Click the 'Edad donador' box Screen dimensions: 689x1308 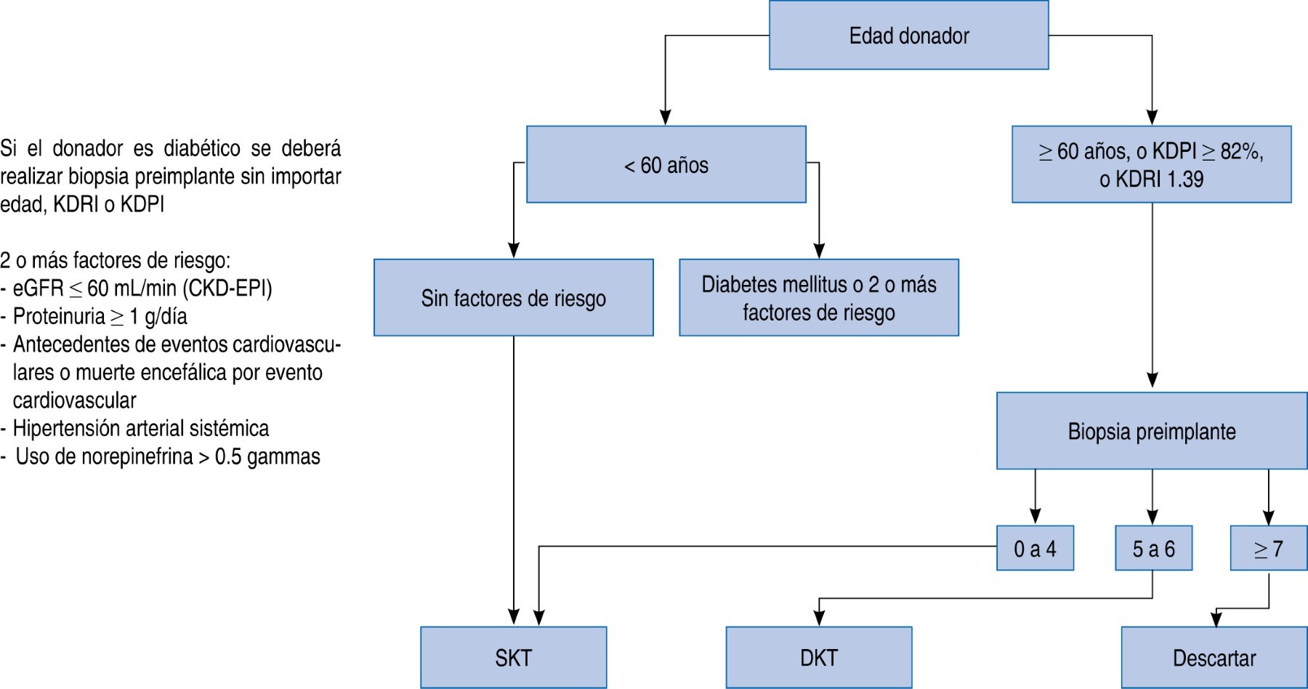908,36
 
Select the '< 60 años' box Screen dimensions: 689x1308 666,165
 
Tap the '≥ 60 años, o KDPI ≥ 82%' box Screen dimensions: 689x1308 1151,165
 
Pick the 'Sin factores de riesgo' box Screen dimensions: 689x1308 513,298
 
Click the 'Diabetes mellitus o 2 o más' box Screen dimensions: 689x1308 818,298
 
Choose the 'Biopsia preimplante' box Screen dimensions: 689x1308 1151,432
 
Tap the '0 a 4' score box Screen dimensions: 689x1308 1035,549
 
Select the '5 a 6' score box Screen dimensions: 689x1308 1153,549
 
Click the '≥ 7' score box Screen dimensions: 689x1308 1268,549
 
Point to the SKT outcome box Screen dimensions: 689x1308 513,658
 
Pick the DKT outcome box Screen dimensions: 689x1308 818,658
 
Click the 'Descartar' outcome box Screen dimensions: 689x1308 1214,658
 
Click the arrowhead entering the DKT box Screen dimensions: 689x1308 819,619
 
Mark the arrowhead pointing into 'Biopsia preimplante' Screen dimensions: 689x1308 1152,381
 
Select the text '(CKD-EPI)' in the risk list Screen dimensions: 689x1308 227,289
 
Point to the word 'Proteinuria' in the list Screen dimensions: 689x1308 59,317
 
